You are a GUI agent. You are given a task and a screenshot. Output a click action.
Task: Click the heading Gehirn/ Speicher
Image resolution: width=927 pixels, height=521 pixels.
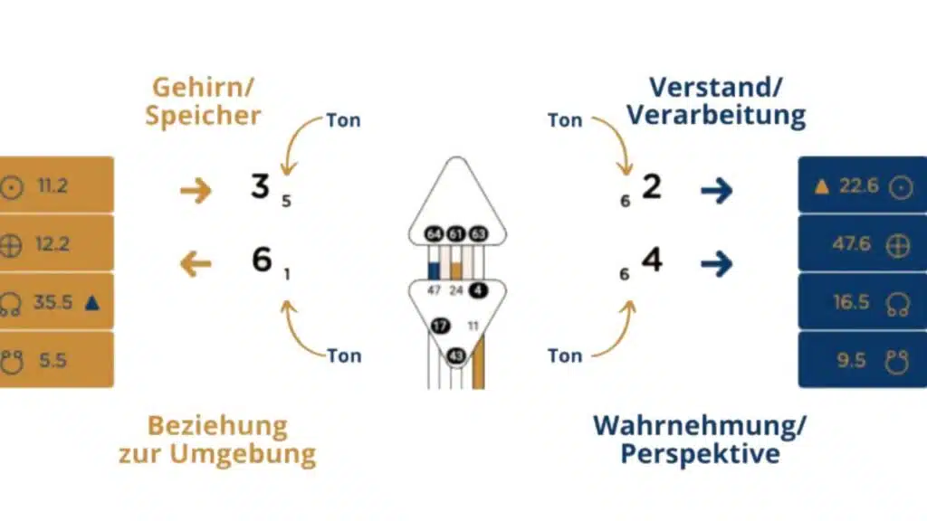coord(203,101)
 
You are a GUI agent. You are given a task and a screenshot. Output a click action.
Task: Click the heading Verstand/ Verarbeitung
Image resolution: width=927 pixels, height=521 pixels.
coord(715,101)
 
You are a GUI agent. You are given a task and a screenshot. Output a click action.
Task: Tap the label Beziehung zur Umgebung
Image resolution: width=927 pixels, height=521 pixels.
coord(217,440)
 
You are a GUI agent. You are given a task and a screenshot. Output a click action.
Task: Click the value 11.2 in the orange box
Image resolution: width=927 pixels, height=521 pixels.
coord(53,186)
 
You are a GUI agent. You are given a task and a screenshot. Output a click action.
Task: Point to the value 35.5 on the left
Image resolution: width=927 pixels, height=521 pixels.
coord(53,302)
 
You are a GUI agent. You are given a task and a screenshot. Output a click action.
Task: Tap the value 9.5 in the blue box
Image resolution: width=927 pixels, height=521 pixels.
coord(851,360)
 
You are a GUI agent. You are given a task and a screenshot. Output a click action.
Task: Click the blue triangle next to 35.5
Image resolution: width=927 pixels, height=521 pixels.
coord(92,301)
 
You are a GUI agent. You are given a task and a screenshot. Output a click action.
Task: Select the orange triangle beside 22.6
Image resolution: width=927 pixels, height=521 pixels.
coord(822,187)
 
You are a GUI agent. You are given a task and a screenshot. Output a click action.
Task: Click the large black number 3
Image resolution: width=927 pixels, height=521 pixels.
coord(261,187)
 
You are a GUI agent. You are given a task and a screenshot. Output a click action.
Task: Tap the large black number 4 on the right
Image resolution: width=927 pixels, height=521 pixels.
coord(652,260)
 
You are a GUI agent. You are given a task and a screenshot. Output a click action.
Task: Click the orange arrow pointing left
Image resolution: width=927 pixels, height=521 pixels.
coord(196,264)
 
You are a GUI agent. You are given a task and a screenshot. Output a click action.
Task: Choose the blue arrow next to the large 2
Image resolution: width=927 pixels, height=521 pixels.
coord(716,190)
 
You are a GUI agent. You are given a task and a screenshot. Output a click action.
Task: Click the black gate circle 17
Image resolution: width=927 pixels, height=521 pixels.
coord(441,325)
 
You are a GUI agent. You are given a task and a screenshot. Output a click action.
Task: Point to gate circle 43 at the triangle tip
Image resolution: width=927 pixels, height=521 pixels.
coord(456,356)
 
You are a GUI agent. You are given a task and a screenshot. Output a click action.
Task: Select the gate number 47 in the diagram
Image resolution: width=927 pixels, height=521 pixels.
coord(434,290)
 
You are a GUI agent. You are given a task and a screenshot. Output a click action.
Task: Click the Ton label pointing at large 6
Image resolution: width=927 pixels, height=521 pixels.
coord(344,355)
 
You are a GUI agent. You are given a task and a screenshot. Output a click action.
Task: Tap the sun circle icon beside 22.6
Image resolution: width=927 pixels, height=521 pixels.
coord(899,187)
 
